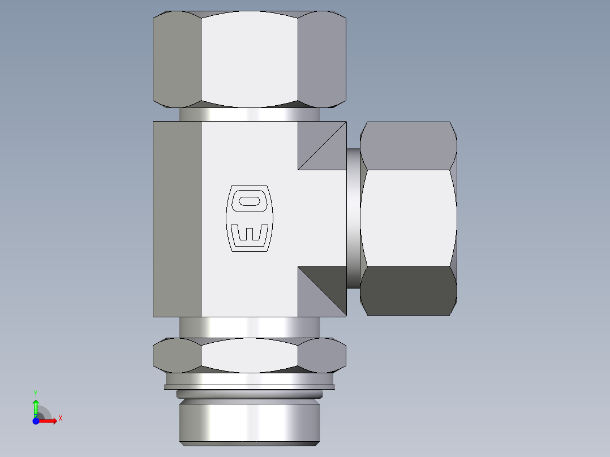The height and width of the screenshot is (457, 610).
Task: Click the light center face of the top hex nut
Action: pyautogui.click(x=249, y=59)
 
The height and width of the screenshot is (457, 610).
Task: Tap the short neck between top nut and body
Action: pyautogui.click(x=249, y=114)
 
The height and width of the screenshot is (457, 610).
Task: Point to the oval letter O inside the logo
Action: pyautogui.click(x=250, y=201)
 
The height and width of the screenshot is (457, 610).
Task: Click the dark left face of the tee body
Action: pyautogui.click(x=177, y=219)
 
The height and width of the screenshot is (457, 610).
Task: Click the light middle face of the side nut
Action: pyautogui.click(x=409, y=218)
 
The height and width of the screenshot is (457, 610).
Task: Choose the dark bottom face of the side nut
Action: pyautogui.click(x=409, y=291)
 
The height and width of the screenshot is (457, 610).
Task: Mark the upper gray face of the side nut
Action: pyautogui.click(x=409, y=145)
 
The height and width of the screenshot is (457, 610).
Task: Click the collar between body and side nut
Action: pyautogui.click(x=353, y=218)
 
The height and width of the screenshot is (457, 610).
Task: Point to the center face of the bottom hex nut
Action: pyautogui.click(x=249, y=356)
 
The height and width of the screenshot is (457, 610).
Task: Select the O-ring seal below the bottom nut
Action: pyautogui.click(x=249, y=394)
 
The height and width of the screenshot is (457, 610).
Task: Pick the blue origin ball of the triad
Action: pyautogui.click(x=36, y=421)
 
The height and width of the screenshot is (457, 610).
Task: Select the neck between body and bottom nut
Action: pyautogui.click(x=249, y=327)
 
